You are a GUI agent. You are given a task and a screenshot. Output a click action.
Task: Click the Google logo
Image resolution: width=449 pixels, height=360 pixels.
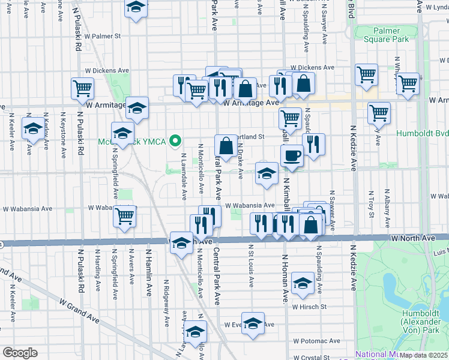[20, 353]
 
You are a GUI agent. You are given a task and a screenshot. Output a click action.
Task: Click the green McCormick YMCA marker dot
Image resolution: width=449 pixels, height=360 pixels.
[175, 142]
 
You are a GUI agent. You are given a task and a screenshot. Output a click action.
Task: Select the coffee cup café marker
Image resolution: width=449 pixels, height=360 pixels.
[292, 155]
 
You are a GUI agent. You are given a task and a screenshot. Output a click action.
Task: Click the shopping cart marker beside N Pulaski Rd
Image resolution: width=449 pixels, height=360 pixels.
[83, 88]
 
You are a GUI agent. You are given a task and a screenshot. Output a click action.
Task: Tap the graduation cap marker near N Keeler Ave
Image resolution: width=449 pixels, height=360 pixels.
[32, 128]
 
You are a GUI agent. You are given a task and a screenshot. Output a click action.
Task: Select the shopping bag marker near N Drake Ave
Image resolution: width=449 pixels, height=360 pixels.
[226, 146]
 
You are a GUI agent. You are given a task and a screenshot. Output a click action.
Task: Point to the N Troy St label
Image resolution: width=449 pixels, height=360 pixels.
[372, 206]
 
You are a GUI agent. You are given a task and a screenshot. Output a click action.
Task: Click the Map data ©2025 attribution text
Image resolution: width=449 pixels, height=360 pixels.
[423, 355]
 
